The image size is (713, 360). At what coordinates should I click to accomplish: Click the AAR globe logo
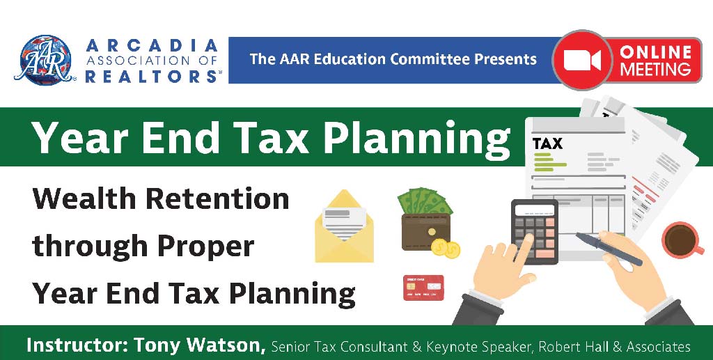(x=45, y=61)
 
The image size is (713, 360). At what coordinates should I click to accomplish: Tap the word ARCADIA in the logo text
(x=152, y=45)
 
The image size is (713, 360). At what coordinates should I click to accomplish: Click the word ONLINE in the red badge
(x=655, y=52)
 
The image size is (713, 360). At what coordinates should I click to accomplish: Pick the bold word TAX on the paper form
(x=547, y=144)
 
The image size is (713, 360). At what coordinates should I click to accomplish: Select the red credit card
(x=423, y=288)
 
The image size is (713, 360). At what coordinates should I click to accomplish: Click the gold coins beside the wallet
(x=446, y=248)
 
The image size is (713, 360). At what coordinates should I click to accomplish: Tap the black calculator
(x=535, y=231)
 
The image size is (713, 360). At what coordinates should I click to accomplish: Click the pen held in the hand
(x=609, y=249)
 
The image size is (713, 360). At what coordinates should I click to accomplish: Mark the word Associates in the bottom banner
(x=659, y=347)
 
